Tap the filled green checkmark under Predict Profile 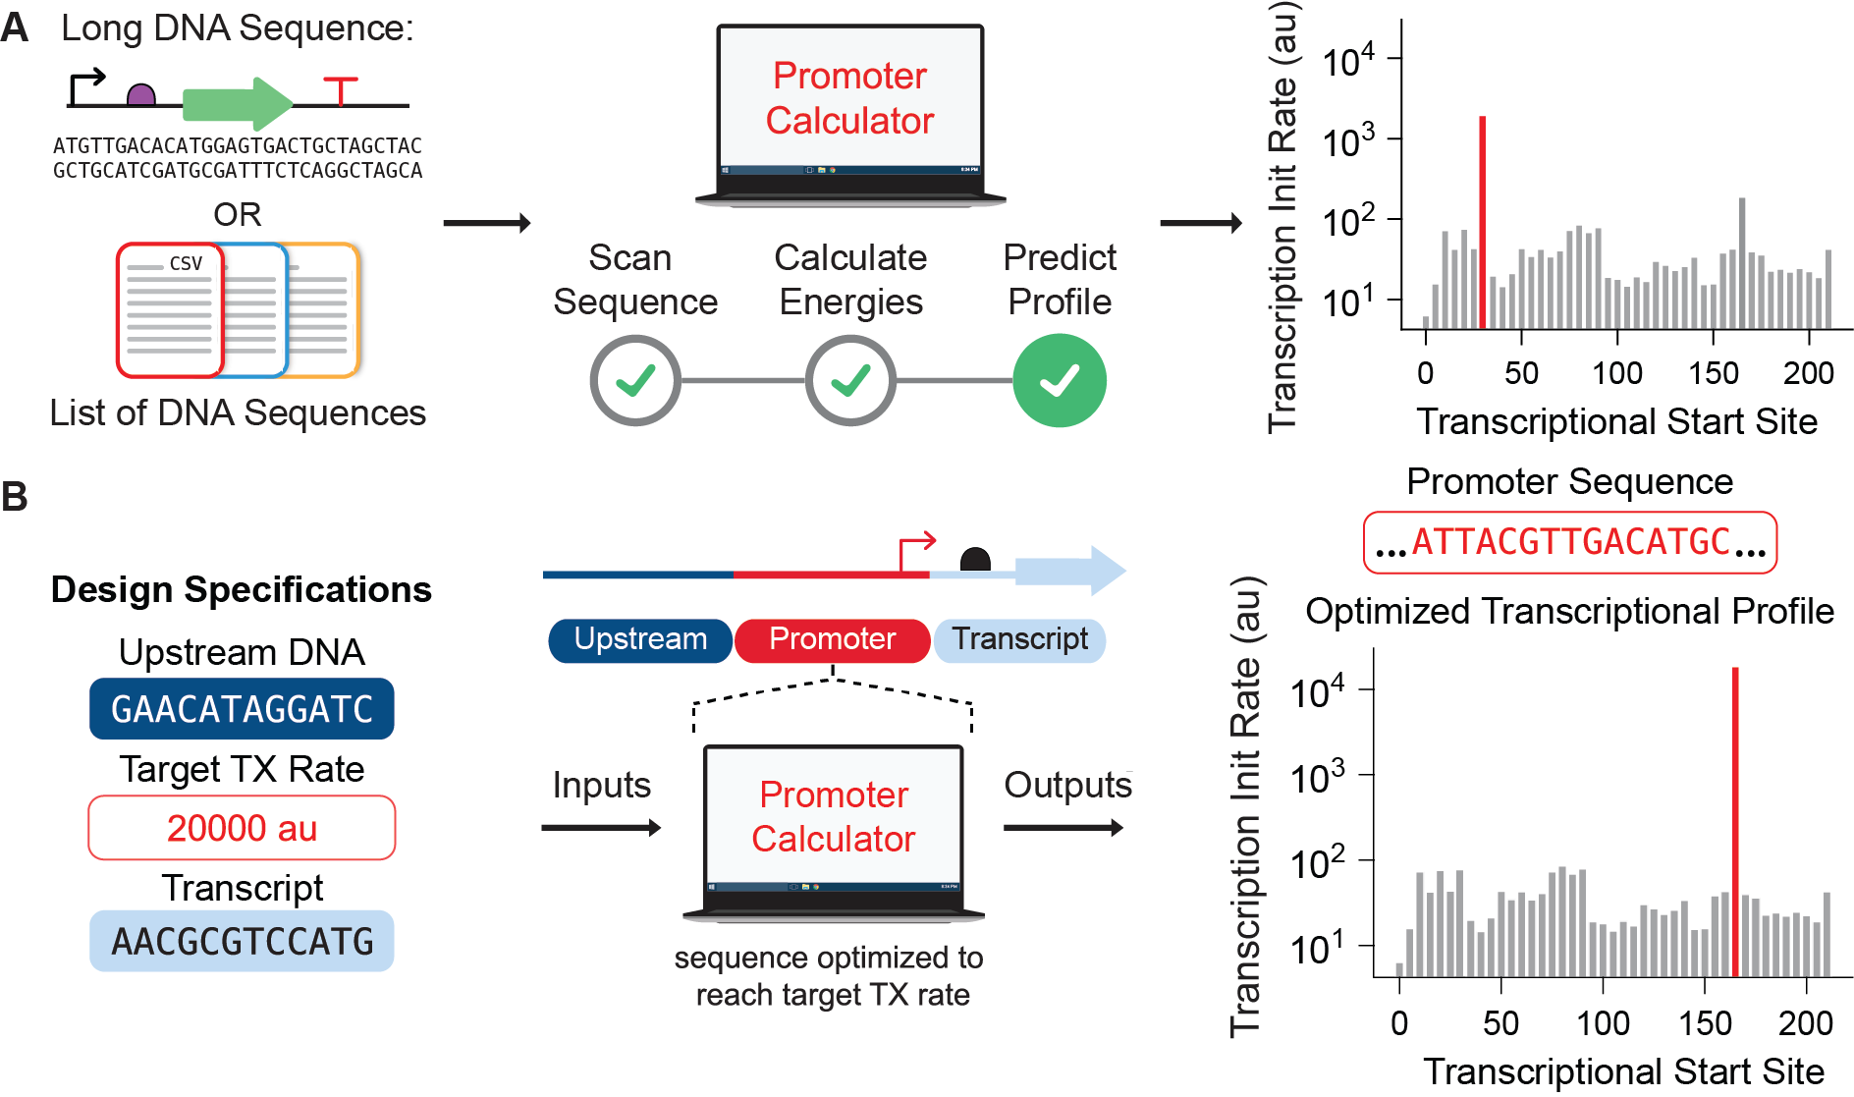(1060, 380)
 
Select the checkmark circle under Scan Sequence (635, 380)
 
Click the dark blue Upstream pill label (640, 639)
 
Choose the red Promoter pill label (832, 639)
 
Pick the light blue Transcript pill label (1019, 639)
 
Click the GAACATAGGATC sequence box (242, 709)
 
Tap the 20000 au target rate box (242, 828)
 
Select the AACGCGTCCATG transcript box (242, 941)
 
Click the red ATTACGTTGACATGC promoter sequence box (1569, 542)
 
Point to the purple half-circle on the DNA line (141, 95)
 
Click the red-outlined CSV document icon (169, 310)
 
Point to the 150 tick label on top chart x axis (1713, 373)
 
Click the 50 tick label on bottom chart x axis (1500, 1023)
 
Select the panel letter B (15, 496)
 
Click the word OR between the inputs (238, 214)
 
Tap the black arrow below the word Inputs (601, 828)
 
